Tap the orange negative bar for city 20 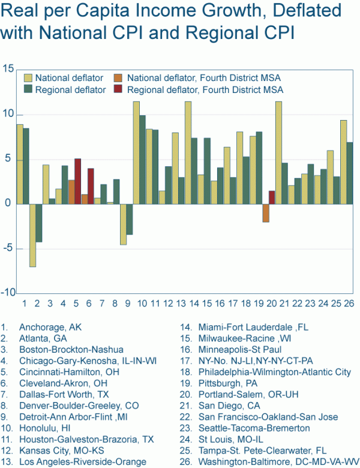[265, 213]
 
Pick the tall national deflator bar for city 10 [136, 152]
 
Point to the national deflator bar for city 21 [278, 152]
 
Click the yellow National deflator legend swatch [28, 77]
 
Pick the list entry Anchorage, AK [49, 328]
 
